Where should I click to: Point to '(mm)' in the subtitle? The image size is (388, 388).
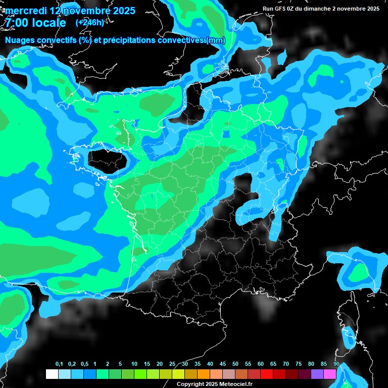pos(216,40)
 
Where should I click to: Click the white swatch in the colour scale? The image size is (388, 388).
pos(52,374)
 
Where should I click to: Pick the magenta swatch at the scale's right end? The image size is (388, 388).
pos(330,374)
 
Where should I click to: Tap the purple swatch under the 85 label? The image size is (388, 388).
pos(317,374)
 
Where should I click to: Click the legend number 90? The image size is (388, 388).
pos(336,364)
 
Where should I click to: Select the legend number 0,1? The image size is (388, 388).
pos(59,364)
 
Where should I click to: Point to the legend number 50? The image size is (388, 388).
pos(235,364)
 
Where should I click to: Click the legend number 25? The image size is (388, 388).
pos(172,364)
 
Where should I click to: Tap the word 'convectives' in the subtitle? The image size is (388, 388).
pos(180,40)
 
